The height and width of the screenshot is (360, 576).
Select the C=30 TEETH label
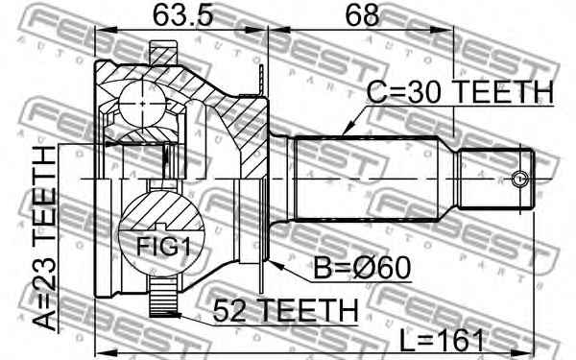(461, 92)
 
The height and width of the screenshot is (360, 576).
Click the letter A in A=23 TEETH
(44, 318)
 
